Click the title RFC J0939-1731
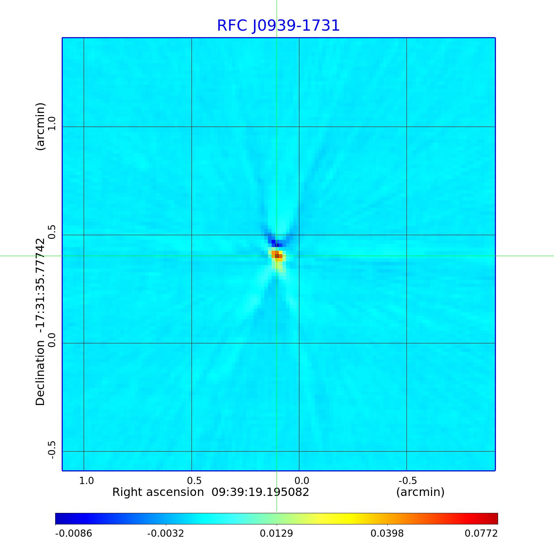(x=278, y=26)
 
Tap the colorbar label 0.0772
(x=481, y=533)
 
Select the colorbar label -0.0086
(x=74, y=533)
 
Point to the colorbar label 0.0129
(x=276, y=533)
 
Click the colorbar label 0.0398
(x=387, y=533)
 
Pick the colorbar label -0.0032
(x=166, y=533)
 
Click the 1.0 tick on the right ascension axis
(x=87, y=480)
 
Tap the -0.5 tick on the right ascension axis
(x=408, y=480)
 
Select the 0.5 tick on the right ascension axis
(x=194, y=480)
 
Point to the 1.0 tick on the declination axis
(x=52, y=123)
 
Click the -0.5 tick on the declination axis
(x=52, y=449)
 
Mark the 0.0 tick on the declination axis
(x=52, y=340)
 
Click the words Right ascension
(x=158, y=492)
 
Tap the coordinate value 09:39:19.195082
(x=260, y=492)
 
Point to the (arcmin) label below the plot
(x=420, y=492)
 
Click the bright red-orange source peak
(x=277, y=256)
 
